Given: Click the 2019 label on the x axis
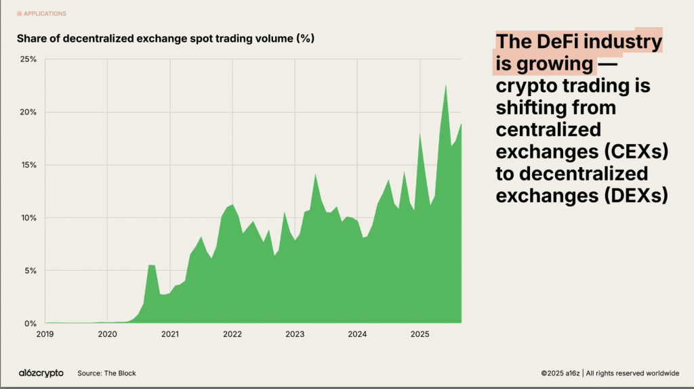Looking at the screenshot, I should [x=45, y=334].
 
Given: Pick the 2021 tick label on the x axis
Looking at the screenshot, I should [x=169, y=334].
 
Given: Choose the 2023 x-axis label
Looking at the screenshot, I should [x=295, y=334].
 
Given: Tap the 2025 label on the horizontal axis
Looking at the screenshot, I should [x=420, y=334].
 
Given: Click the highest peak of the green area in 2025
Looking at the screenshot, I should [x=445, y=85].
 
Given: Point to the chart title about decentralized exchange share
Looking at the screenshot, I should [x=166, y=39].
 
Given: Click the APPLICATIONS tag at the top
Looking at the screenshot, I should [x=45, y=14].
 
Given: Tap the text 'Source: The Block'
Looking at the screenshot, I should [x=106, y=373].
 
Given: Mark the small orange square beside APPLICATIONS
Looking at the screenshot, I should [x=19, y=14].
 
